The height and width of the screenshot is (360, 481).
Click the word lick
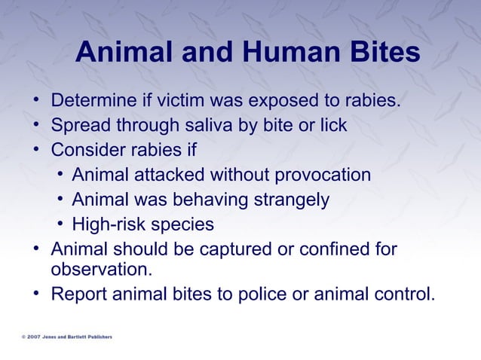332,125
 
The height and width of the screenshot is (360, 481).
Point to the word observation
101,269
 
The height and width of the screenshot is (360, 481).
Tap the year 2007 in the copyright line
35,337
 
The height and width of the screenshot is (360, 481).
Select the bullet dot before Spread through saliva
36,125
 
